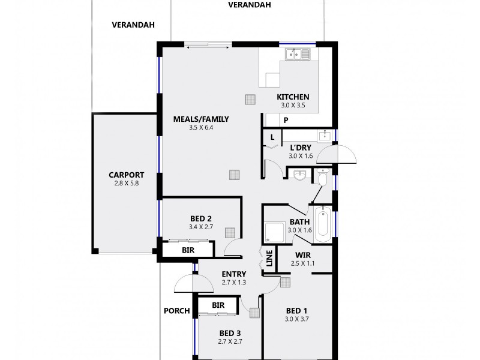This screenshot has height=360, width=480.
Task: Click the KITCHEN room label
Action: (293, 97)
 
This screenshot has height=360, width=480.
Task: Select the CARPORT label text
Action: (127, 175)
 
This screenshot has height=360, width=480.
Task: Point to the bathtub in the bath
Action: (322, 223)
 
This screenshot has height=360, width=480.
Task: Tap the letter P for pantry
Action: (286, 120)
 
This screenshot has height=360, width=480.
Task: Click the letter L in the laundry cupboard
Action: (272, 137)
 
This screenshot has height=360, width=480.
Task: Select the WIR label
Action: (302, 255)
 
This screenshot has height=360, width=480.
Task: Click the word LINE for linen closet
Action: (269, 258)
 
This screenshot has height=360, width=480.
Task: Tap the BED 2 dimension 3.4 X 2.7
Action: (201, 227)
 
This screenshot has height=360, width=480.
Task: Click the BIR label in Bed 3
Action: (218, 305)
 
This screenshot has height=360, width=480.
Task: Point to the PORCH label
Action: (176, 311)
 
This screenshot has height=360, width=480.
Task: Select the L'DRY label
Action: (300, 148)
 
